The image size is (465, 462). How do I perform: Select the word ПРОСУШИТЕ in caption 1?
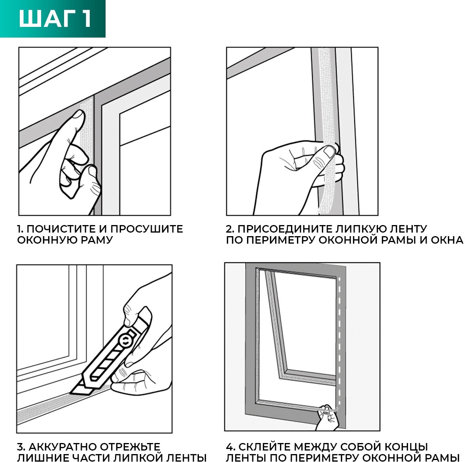(147, 229)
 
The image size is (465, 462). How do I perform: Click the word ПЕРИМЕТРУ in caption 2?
(280, 240)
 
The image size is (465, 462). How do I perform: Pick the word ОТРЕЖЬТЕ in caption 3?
(130, 447)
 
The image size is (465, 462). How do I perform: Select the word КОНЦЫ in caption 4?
(406, 447)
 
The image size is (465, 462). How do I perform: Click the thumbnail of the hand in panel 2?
(329, 151)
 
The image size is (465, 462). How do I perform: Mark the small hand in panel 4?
(327, 417)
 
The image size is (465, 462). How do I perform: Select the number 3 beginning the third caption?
(20, 447)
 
